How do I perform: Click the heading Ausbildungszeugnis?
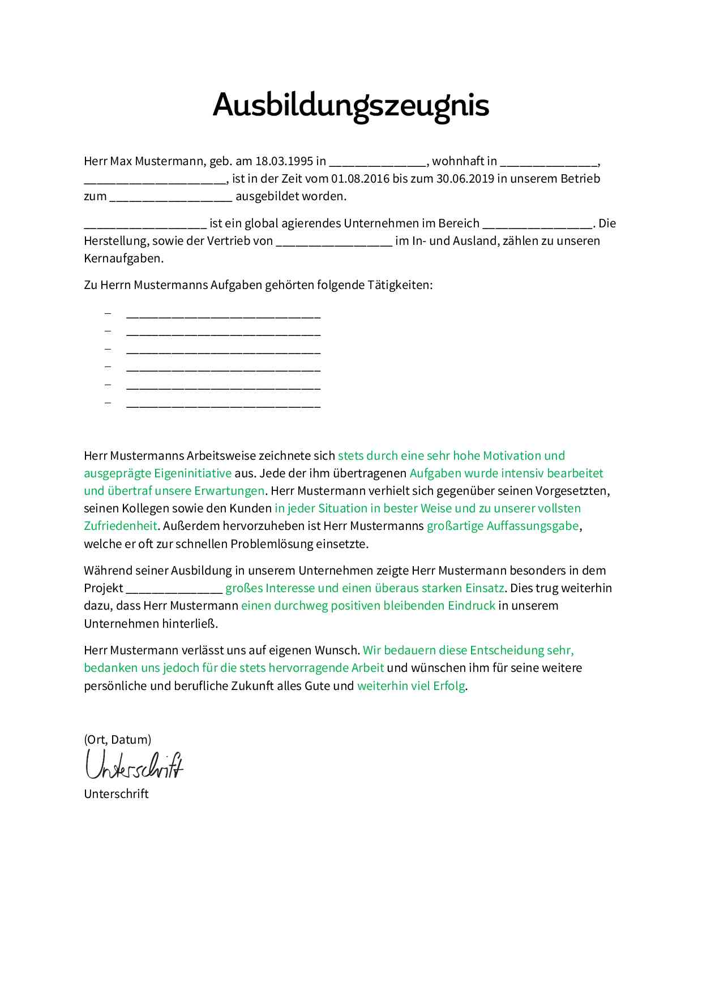pyautogui.click(x=350, y=105)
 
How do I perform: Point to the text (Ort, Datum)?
pyautogui.click(x=117, y=740)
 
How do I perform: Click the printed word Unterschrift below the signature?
pyautogui.click(x=116, y=794)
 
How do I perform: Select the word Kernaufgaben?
pyautogui.click(x=123, y=258)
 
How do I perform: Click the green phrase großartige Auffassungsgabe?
pyautogui.click(x=503, y=526)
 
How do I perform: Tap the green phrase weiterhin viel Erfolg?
pyautogui.click(x=411, y=686)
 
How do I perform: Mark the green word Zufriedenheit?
pyautogui.click(x=120, y=526)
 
